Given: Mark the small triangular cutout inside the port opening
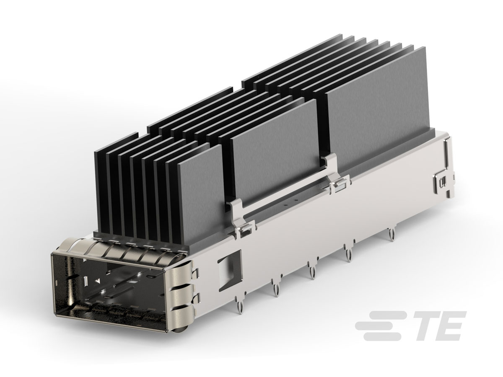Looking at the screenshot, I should tap(97, 280).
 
